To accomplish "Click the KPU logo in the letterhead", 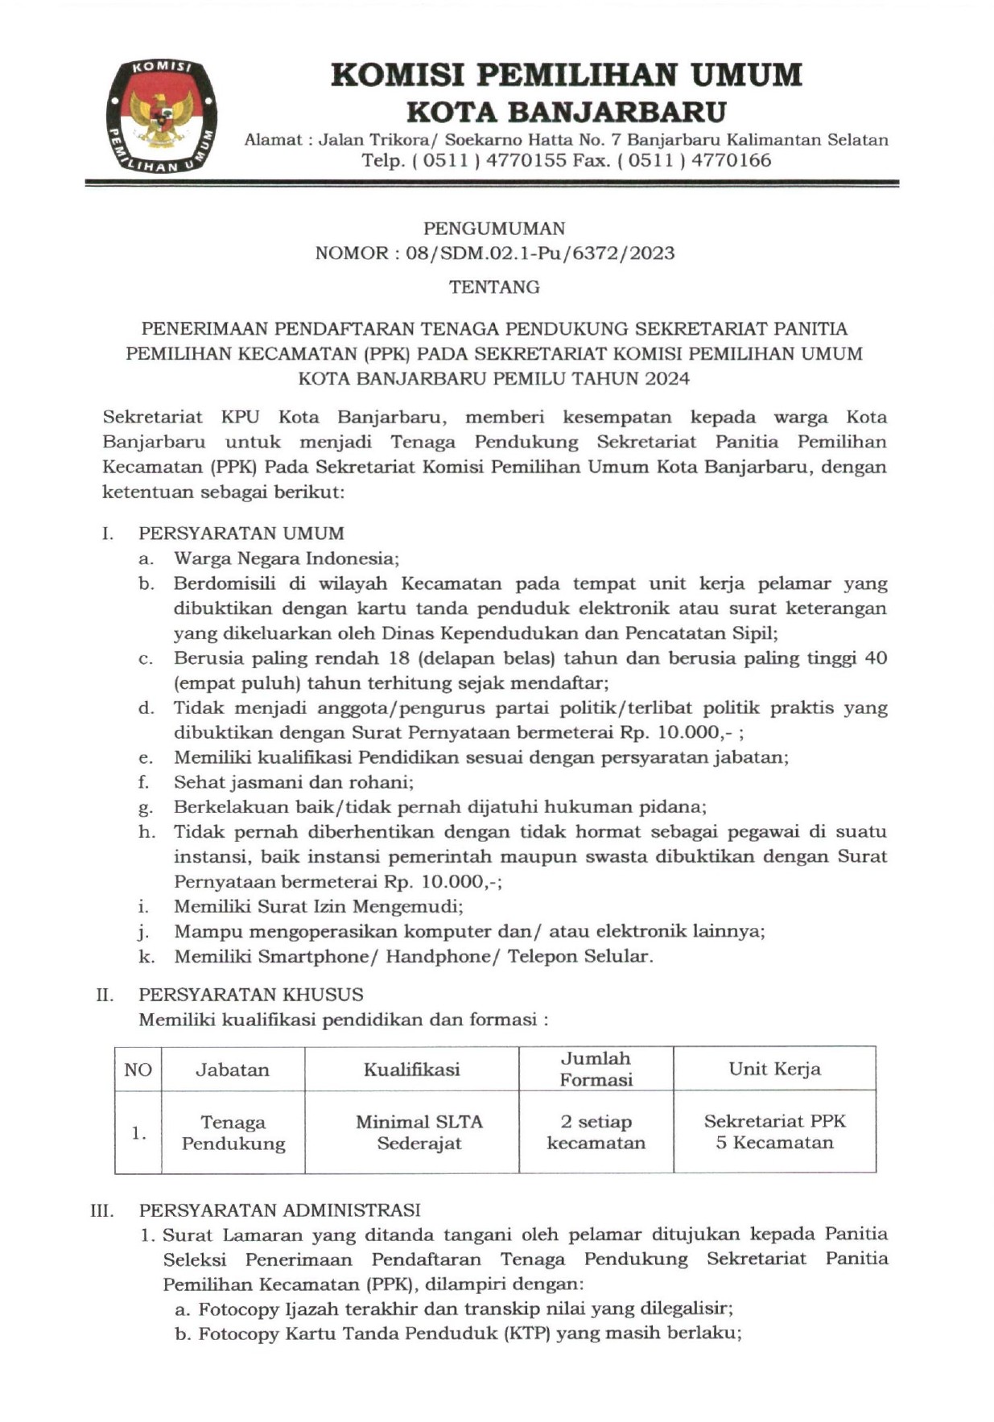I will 161,115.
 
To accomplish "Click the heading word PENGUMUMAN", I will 494,229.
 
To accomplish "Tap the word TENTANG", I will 494,287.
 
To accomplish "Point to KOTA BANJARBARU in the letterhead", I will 566,111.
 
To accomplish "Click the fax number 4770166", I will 731,160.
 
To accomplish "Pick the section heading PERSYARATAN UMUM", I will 241,534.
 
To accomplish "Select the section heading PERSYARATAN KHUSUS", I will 251,995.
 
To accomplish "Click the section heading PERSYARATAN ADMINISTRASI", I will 279,1210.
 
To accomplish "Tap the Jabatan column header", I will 233,1070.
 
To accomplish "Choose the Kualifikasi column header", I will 411,1070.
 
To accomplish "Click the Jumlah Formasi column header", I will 596,1069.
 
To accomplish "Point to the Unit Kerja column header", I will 774,1069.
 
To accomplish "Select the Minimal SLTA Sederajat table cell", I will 419,1132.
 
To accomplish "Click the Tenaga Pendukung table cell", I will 233,1132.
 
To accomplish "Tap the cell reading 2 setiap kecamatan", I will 596,1132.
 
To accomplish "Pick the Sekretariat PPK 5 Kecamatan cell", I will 774,1131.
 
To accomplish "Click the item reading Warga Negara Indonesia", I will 287,558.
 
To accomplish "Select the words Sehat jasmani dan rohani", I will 294,782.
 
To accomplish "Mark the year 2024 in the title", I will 666,379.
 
